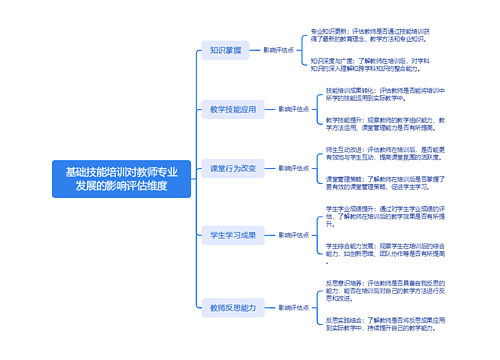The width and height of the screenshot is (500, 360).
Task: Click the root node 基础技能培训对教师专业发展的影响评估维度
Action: [x=122, y=178]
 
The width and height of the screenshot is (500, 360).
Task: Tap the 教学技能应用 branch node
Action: [x=233, y=108]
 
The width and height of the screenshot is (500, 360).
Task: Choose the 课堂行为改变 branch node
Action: [x=233, y=168]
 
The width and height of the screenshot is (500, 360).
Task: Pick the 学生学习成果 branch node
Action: [x=233, y=236]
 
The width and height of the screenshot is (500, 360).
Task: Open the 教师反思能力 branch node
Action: [x=233, y=307]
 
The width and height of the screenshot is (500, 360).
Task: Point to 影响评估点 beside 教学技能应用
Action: [x=292, y=108]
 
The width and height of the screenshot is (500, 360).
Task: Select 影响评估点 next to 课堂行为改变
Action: [x=292, y=168]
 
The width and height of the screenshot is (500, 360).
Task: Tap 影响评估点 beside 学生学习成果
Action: [x=292, y=236]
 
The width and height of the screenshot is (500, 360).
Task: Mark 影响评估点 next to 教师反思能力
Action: [x=292, y=307]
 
